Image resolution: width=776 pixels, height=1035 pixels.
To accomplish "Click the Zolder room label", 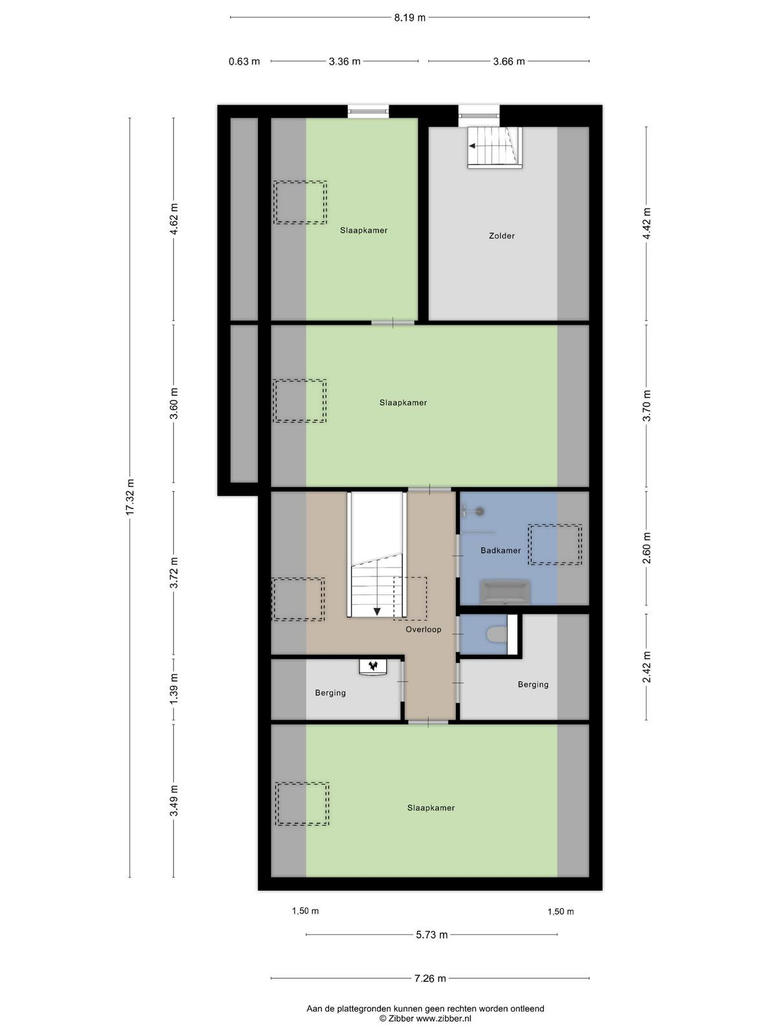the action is pos(501,235).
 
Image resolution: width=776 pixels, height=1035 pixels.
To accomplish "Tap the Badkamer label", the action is pos(501,550).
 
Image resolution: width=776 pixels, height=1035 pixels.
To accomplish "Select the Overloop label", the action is pos(423,629).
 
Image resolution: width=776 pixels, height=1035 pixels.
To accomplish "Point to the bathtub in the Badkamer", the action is pos(504,593).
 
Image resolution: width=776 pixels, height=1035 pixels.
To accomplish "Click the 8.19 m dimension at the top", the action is pos(409,18).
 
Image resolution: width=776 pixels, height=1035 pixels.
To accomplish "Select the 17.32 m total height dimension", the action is pos(130,497).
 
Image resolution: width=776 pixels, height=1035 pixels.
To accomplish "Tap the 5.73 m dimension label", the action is pos(431,935).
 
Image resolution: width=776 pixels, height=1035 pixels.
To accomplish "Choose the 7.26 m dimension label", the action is pos(429,979).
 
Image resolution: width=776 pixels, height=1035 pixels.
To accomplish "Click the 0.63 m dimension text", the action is pos(244,61).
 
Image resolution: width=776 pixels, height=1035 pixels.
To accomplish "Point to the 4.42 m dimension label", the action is pos(647,223).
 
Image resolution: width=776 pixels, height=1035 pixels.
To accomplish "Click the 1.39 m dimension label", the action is pos(174,688).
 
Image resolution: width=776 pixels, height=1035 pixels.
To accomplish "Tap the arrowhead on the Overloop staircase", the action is pos(377,611).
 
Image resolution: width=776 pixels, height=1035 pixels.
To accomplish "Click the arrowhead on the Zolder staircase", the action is pos(471,146).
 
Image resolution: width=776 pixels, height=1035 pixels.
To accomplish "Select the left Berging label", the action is pos(330,693).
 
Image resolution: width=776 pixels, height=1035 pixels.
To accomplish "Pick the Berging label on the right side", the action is pos(533,684).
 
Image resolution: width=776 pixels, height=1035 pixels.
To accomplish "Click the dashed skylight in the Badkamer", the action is pos(555,545).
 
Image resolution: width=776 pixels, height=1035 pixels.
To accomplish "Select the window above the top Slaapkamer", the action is pos(369,111).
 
